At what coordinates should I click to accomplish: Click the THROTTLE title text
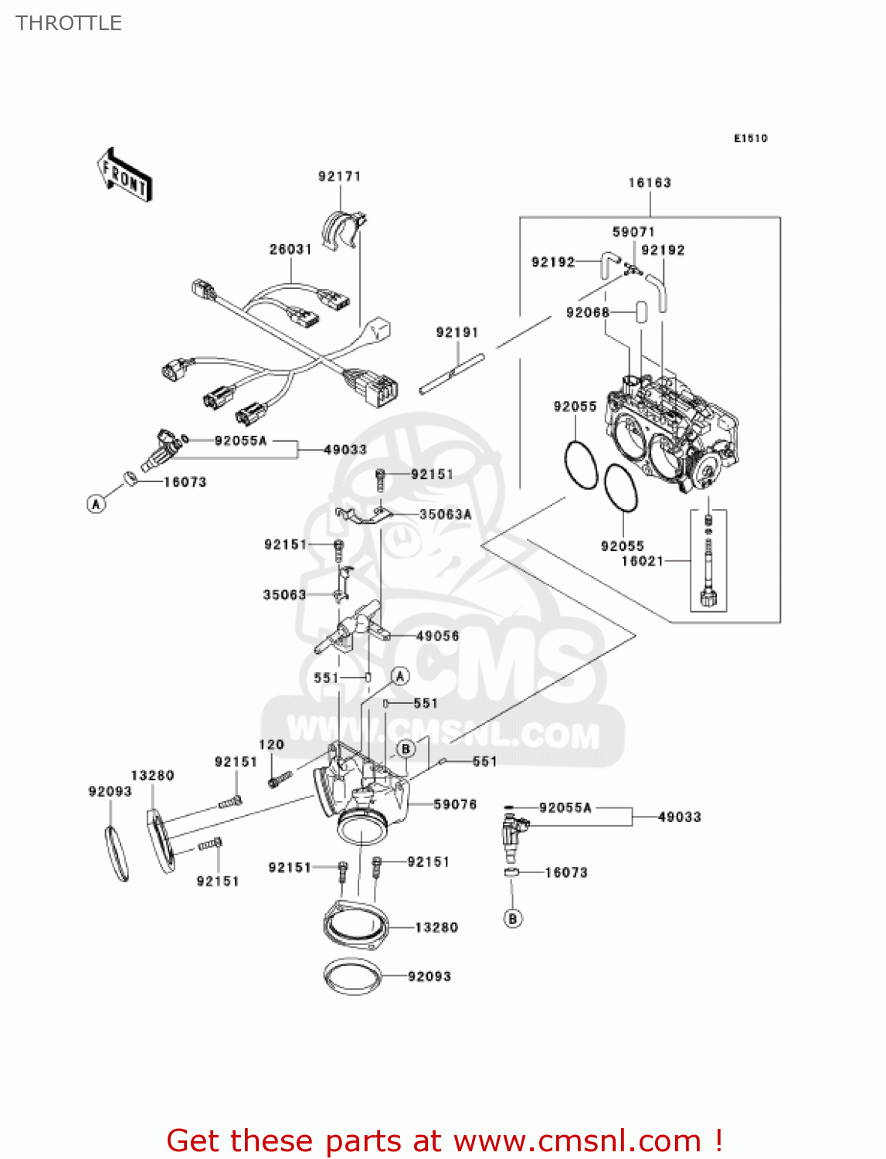pos(69,23)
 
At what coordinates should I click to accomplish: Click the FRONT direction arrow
pos(124,176)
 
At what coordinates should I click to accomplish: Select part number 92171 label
pos(340,176)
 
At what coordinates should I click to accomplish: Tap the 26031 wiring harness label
pos(290,250)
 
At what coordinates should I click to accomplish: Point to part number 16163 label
pos(650,183)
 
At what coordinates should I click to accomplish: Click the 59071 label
pos(633,232)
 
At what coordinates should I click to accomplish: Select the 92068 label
pos(588,312)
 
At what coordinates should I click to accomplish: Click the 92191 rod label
pos(457,332)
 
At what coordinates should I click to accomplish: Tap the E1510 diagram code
pos(750,138)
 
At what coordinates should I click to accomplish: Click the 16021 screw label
pos(643,561)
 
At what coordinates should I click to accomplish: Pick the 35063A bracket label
pos(445,515)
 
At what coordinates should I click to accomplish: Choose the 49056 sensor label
pos(437,636)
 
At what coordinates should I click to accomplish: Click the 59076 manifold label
pos(455,804)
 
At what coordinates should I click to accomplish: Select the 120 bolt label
pos(271,745)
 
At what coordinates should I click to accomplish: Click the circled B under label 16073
pos(513,919)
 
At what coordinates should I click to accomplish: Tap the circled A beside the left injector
pos(96,504)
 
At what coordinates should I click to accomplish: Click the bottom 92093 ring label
pos(429,977)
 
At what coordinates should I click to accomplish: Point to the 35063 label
pos(284,595)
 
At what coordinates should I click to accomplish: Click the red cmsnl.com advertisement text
pos(444,1140)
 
